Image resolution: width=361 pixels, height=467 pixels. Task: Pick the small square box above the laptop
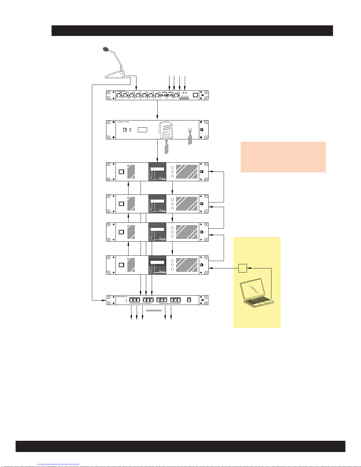(x=242, y=268)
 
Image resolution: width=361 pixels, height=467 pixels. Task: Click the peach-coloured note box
(x=283, y=157)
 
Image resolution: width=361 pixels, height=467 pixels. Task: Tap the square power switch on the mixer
(x=195, y=95)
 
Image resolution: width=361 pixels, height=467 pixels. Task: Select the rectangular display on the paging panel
(x=142, y=130)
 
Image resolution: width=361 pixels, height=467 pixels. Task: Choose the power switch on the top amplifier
(x=121, y=172)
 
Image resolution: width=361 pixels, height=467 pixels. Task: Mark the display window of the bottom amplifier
(x=157, y=263)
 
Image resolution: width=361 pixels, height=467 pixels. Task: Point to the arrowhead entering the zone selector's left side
(x=104, y=300)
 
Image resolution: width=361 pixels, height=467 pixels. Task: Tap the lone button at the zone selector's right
(x=189, y=300)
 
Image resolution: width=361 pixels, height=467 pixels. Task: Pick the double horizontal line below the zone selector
(x=154, y=310)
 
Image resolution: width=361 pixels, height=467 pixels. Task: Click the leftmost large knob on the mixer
(x=119, y=95)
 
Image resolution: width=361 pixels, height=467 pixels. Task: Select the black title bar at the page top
(x=192, y=31)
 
